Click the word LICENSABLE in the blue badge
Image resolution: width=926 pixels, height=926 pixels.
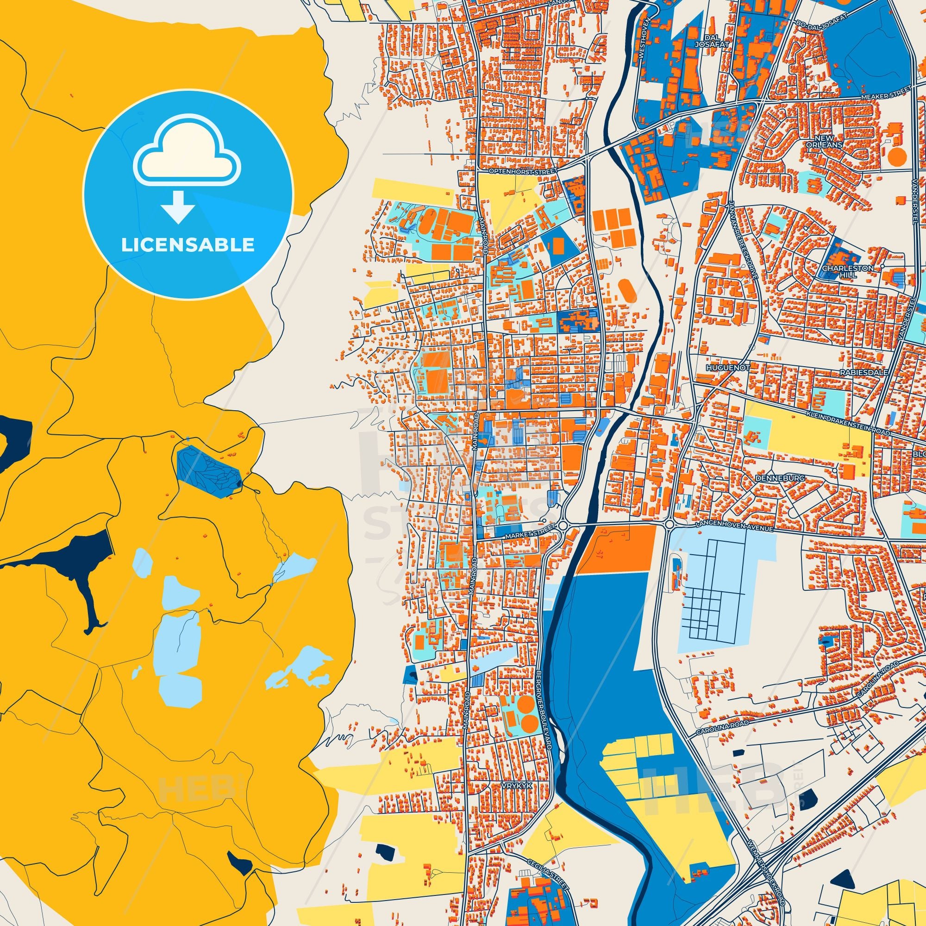[188, 245]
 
